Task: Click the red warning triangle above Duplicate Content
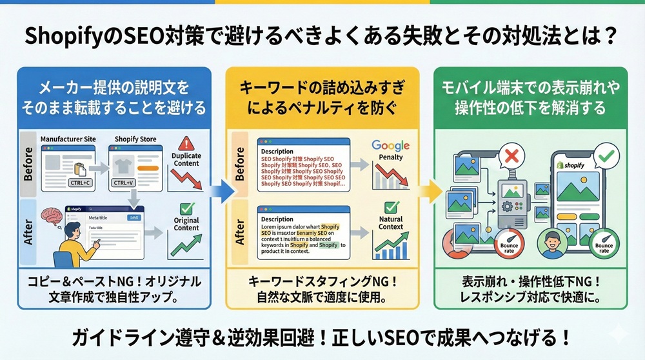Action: (x=186, y=143)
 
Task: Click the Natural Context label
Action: (x=391, y=223)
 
